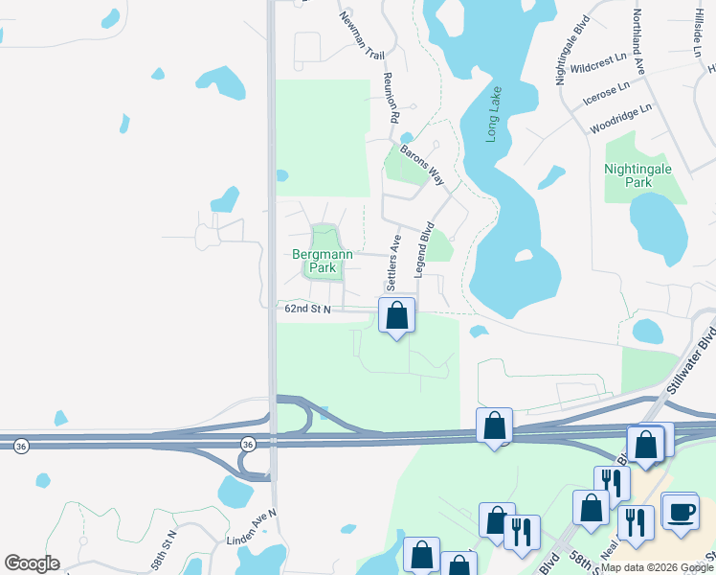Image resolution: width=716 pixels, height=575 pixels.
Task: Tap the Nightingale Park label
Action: pyautogui.click(x=638, y=175)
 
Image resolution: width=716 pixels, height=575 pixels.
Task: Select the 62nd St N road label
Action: pyautogui.click(x=307, y=309)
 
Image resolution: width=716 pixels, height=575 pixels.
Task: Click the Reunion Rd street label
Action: pyautogui.click(x=391, y=96)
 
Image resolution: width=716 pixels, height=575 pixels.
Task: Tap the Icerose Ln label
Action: pyautogui.click(x=607, y=93)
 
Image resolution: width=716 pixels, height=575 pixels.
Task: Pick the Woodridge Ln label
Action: pyautogui.click(x=620, y=118)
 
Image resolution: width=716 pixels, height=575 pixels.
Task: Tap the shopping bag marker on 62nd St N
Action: pyautogui.click(x=396, y=315)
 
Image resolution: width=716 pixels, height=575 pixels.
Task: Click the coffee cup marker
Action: pyautogui.click(x=680, y=511)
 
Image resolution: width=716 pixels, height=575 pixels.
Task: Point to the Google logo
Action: pyautogui.click(x=32, y=563)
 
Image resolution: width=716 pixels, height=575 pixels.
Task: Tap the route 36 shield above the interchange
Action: pyautogui.click(x=247, y=444)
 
